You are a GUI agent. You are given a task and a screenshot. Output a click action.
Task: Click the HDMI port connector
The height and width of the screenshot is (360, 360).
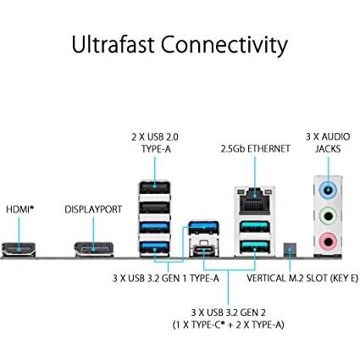tap(19, 249)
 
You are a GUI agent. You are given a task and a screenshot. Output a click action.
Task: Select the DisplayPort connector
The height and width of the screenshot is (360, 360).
tap(94, 249)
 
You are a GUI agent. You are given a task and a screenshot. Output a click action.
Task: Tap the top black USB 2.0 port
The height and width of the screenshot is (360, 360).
tap(155, 187)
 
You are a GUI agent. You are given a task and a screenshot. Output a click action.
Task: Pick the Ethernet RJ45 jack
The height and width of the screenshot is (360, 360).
tap(255, 201)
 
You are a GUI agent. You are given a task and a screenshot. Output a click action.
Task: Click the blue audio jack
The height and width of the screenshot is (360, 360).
tap(328, 190)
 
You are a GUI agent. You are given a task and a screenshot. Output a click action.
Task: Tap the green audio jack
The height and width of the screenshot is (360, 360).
tap(328, 216)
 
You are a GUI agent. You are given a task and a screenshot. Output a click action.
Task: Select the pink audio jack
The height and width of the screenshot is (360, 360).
tap(328, 241)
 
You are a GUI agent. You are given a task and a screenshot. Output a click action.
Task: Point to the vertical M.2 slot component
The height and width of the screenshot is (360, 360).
tap(290, 250)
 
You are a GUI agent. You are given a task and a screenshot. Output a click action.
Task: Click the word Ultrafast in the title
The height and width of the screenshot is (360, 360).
tap(114, 45)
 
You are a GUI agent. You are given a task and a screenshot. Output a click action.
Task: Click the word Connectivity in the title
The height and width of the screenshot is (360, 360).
tap(224, 46)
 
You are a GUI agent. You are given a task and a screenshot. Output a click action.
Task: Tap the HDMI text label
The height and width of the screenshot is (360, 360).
tap(19, 209)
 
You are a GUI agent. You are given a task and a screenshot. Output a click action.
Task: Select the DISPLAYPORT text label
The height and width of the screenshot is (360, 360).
tap(93, 209)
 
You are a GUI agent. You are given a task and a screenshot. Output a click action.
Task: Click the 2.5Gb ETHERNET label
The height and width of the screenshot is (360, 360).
tap(255, 149)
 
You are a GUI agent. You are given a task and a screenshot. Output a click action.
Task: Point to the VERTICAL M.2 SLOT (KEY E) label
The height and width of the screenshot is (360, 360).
tap(302, 278)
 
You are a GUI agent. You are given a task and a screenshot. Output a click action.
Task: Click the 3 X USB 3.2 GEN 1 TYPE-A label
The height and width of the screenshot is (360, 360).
tap(166, 279)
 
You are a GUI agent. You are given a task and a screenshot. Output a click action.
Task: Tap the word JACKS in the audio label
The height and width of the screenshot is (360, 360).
tap(328, 149)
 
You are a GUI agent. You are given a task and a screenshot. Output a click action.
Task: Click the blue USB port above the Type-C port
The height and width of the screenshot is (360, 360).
tap(203, 228)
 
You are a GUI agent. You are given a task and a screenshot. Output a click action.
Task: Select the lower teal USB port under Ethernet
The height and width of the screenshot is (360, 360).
tap(255, 246)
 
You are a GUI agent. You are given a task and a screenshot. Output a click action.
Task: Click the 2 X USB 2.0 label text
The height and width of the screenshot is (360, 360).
tap(155, 137)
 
